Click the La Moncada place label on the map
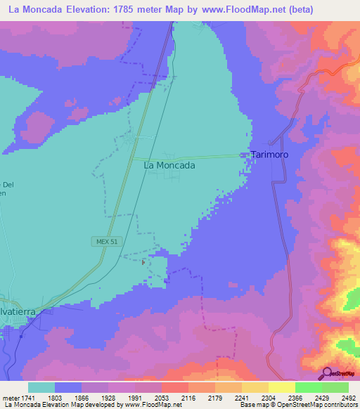point(169,166)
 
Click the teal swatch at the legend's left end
point(41,387)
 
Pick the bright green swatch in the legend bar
point(308,387)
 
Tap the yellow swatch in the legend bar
point(281,387)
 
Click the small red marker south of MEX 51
point(143,263)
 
